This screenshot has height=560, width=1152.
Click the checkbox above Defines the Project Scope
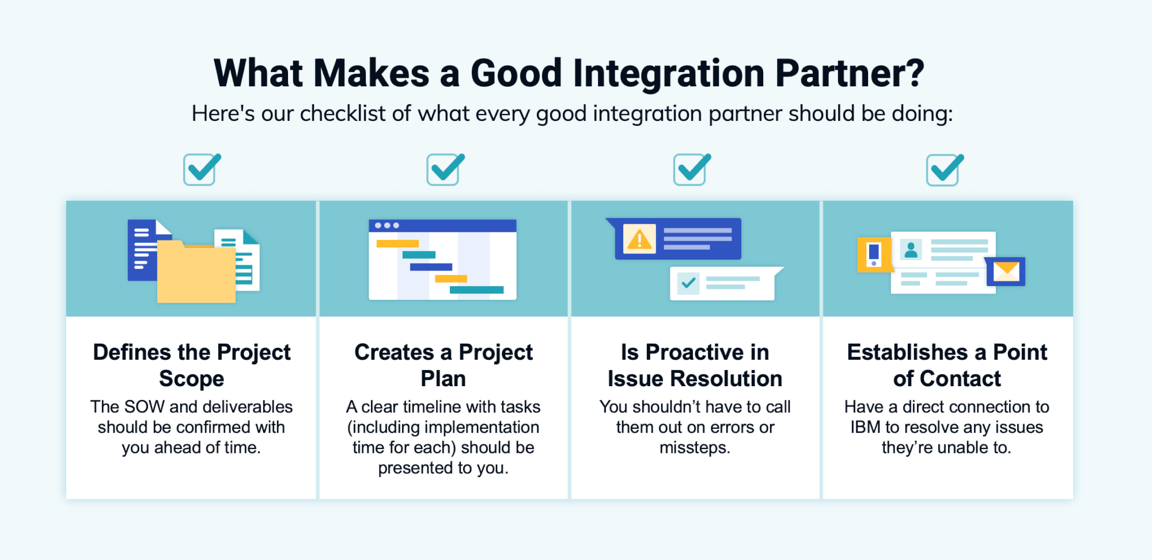point(200,170)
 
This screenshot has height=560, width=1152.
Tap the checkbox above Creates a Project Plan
point(443,170)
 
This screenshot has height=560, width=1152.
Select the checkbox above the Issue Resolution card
point(689,170)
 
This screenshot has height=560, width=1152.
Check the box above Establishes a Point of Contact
point(942,170)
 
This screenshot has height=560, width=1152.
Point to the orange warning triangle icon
point(639,239)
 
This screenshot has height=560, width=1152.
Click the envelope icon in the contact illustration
point(1006,272)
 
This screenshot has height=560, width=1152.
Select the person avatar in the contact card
point(911,250)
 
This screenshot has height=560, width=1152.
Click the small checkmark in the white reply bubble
point(688,283)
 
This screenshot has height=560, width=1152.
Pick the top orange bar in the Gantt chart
point(397,243)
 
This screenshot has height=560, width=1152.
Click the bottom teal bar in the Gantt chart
point(476,289)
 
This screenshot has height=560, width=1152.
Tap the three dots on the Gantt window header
point(387,226)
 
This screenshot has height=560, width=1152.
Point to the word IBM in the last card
point(865,427)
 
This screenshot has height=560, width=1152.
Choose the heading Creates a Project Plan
point(443,365)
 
